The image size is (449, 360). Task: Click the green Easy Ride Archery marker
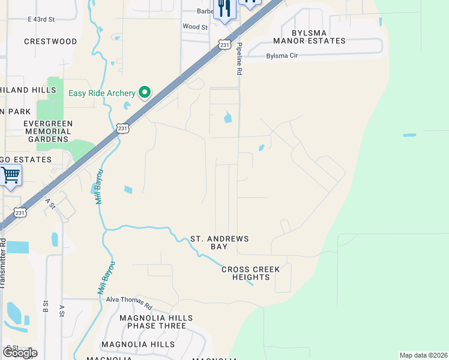[x=144, y=92]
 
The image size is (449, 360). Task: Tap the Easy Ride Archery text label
[x=102, y=92]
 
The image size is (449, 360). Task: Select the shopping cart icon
[x=10, y=176]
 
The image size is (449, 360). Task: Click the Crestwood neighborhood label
[x=50, y=41]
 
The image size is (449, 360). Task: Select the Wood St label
[x=194, y=27]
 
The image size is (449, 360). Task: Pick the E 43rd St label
[x=41, y=19]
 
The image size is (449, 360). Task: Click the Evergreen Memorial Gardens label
[x=48, y=131]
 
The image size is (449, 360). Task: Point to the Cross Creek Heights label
[x=250, y=274]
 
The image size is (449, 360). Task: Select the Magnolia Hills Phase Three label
[x=156, y=322]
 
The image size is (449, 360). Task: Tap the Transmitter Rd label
[x=3, y=265]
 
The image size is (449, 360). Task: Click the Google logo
[x=20, y=352]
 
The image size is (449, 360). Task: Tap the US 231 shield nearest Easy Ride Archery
[x=122, y=128]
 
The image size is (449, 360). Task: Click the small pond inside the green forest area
[x=409, y=135]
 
